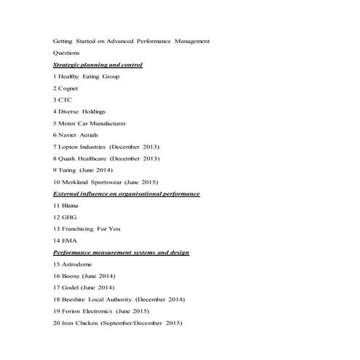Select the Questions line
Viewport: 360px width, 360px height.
(68, 53)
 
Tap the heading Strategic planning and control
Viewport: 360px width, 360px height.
(97, 65)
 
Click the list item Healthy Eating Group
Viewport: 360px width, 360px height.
(89, 76)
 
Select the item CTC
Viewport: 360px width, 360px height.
(65, 100)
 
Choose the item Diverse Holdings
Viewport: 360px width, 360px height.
(82, 111)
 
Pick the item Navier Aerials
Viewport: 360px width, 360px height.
(80, 135)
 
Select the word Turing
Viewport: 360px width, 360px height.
(70, 169)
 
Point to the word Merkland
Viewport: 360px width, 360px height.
(77, 182)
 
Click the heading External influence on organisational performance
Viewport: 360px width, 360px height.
(127, 193)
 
